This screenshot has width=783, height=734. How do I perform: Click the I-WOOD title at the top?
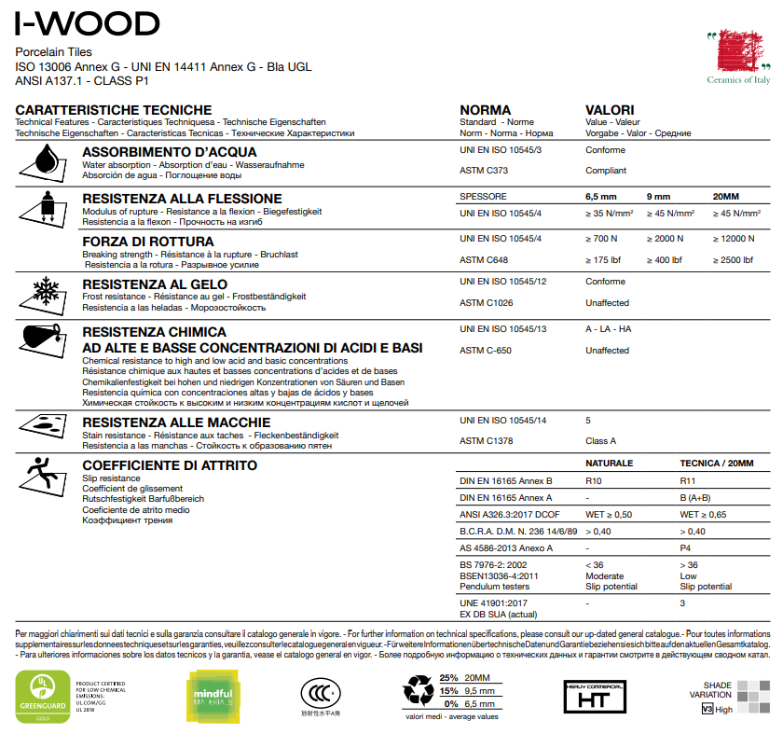[x=88, y=22]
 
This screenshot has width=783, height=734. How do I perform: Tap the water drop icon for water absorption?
[x=42, y=161]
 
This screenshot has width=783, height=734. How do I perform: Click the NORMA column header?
[x=486, y=110]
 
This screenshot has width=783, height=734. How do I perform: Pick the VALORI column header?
[x=610, y=110]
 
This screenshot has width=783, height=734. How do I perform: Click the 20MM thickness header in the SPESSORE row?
[x=724, y=197]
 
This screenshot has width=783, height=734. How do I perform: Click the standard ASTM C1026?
[x=486, y=303]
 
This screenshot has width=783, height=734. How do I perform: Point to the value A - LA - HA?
[x=608, y=329]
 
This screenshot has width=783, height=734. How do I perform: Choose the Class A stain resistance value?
[x=600, y=441]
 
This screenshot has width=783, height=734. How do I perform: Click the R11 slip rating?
[x=689, y=481]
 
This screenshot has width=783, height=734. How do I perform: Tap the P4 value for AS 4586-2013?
[x=686, y=548]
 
